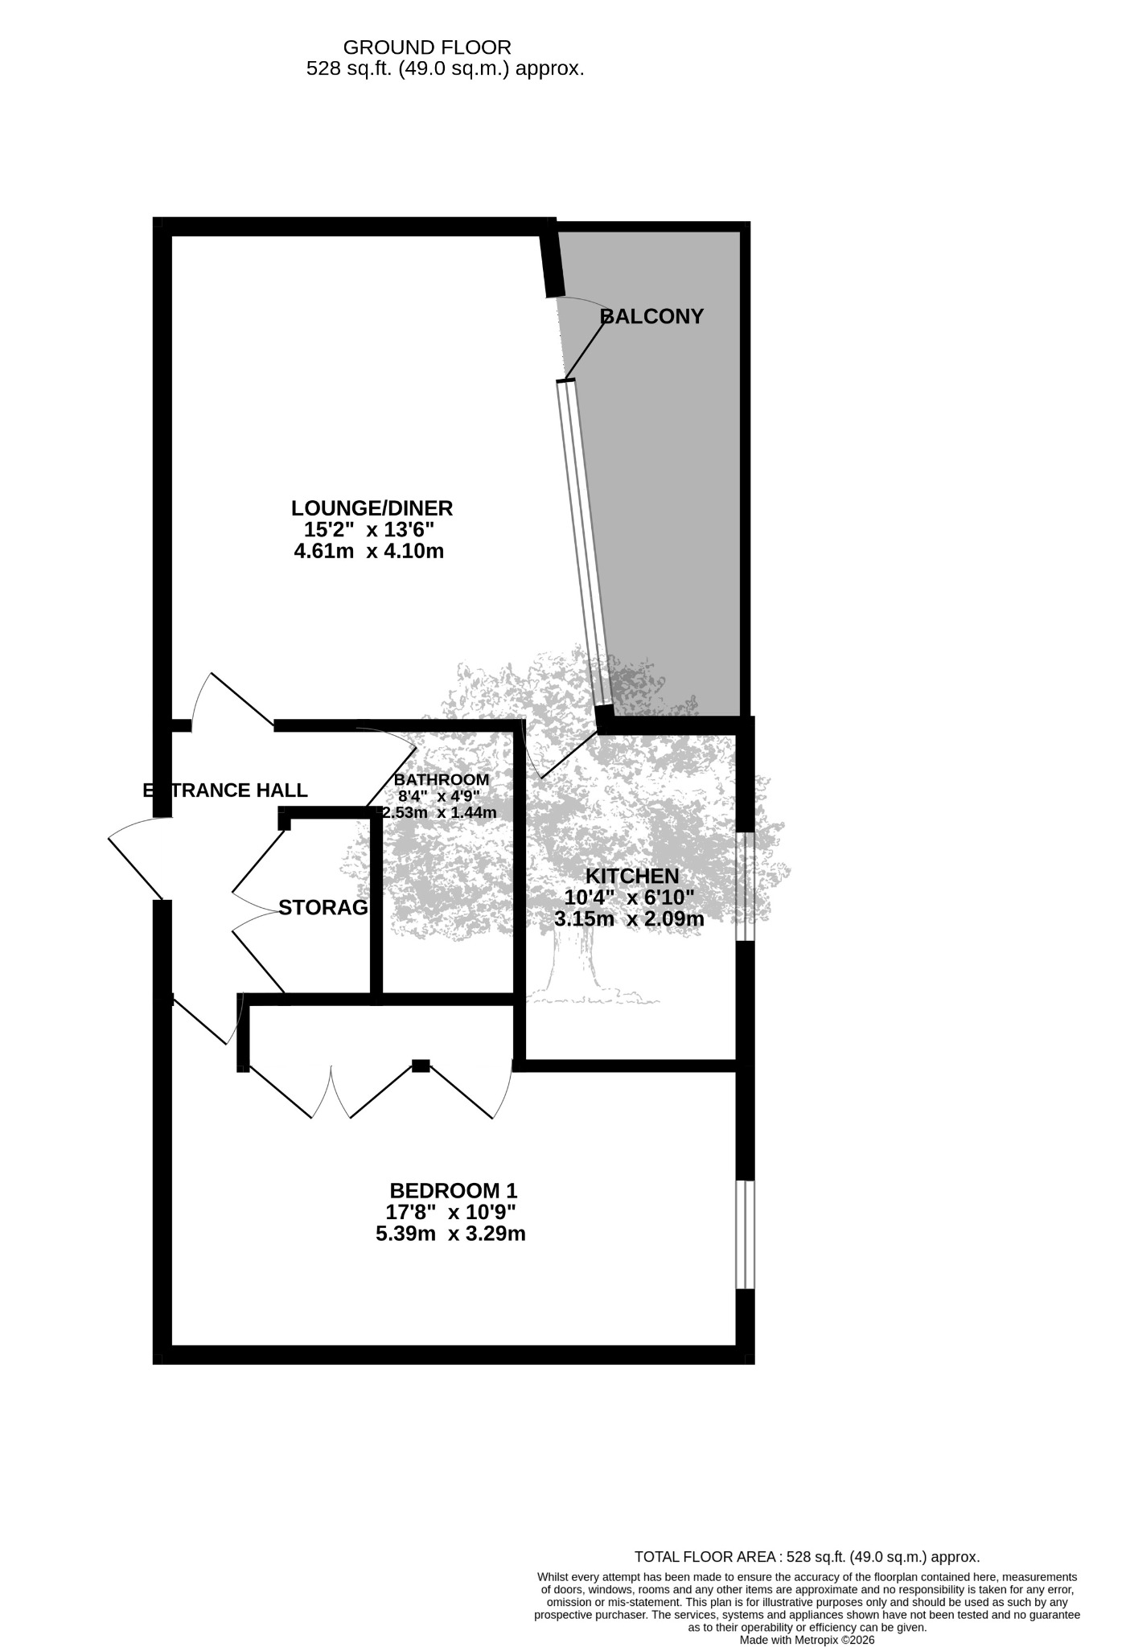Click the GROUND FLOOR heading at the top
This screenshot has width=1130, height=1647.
427,47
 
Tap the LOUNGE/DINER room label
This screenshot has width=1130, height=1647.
372,508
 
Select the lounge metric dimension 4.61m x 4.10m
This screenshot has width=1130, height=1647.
369,552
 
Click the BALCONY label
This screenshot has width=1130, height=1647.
652,317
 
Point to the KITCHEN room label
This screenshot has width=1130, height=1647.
632,876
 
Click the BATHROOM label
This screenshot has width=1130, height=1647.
442,779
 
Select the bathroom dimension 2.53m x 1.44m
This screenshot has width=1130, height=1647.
439,812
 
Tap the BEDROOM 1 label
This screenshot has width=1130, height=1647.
453,1190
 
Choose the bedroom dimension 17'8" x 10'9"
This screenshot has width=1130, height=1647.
450,1212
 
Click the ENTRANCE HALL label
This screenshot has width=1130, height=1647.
225,791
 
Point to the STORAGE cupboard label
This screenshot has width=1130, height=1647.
323,908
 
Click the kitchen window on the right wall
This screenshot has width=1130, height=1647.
746,886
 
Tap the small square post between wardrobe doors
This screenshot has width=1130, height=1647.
421,1066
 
